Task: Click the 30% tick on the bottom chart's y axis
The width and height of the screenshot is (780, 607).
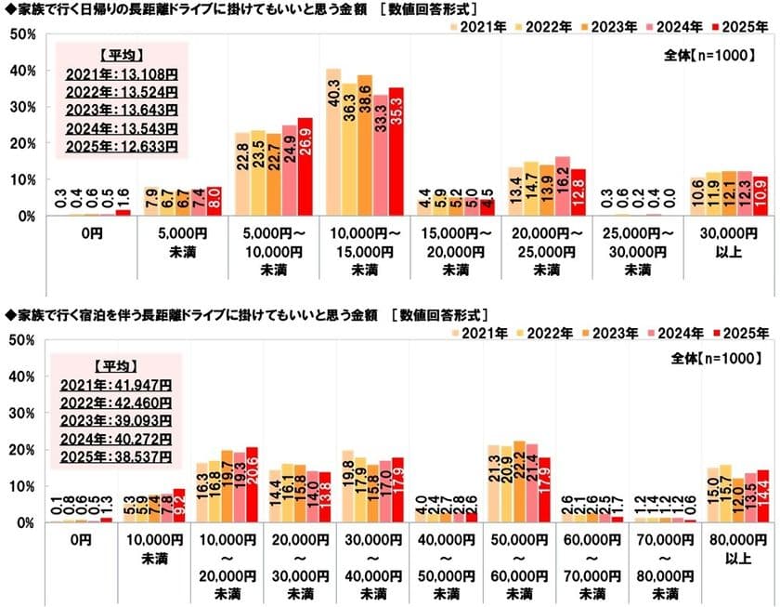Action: click(x=22, y=413)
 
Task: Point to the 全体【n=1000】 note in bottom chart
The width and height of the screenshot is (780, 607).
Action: click(x=718, y=358)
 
